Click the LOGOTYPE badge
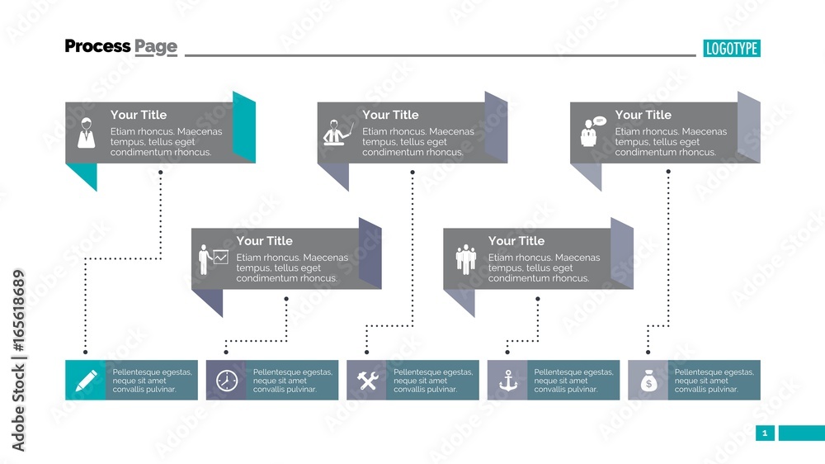tap(732, 48)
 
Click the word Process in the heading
tap(97, 46)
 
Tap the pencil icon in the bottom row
tap(86, 380)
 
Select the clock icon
tap(226, 381)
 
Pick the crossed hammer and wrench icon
tap(367, 381)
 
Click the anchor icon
tap(507, 381)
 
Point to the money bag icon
tap(648, 381)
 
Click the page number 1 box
tap(765, 433)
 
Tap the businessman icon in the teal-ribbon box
tap(86, 134)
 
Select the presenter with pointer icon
tap(337, 134)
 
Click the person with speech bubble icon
tap(590, 132)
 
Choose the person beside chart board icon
tap(212, 259)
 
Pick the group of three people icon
tap(465, 259)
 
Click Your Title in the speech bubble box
tap(643, 115)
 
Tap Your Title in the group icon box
tap(516, 241)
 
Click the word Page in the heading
tap(156, 46)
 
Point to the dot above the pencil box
tap(85, 353)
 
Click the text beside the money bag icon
tap(714, 381)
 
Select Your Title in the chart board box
tap(264, 241)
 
